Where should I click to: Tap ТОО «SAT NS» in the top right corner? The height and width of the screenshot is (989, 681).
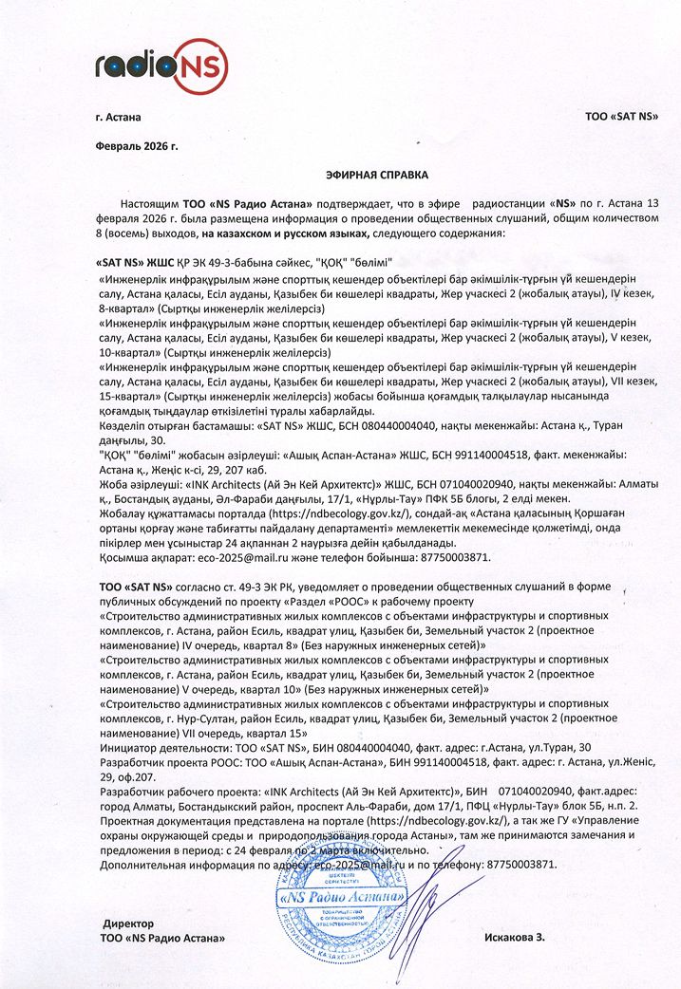point(623,118)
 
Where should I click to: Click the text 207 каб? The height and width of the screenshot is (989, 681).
point(242,467)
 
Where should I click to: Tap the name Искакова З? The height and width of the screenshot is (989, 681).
point(515,938)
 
